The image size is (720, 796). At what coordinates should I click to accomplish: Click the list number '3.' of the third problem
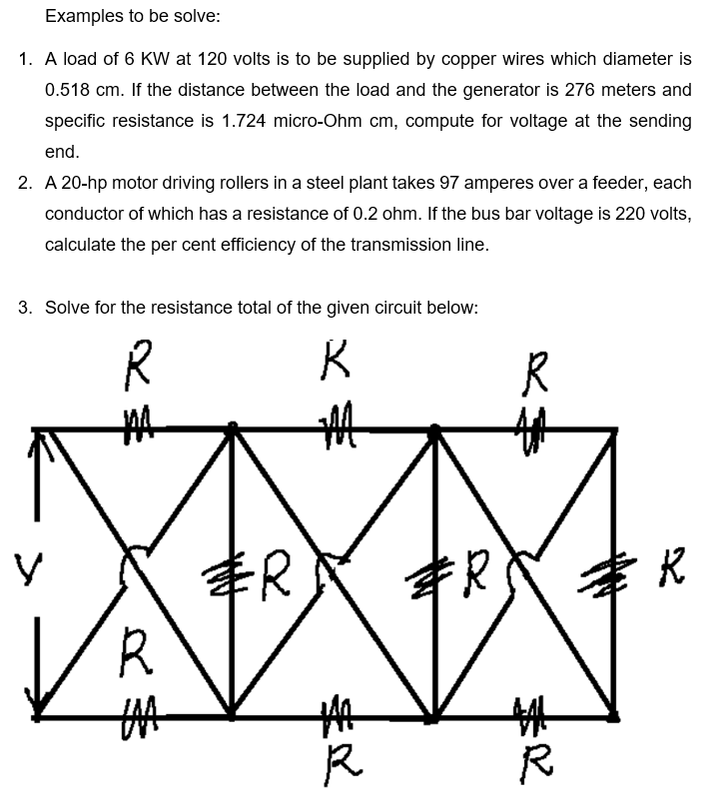(26, 308)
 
